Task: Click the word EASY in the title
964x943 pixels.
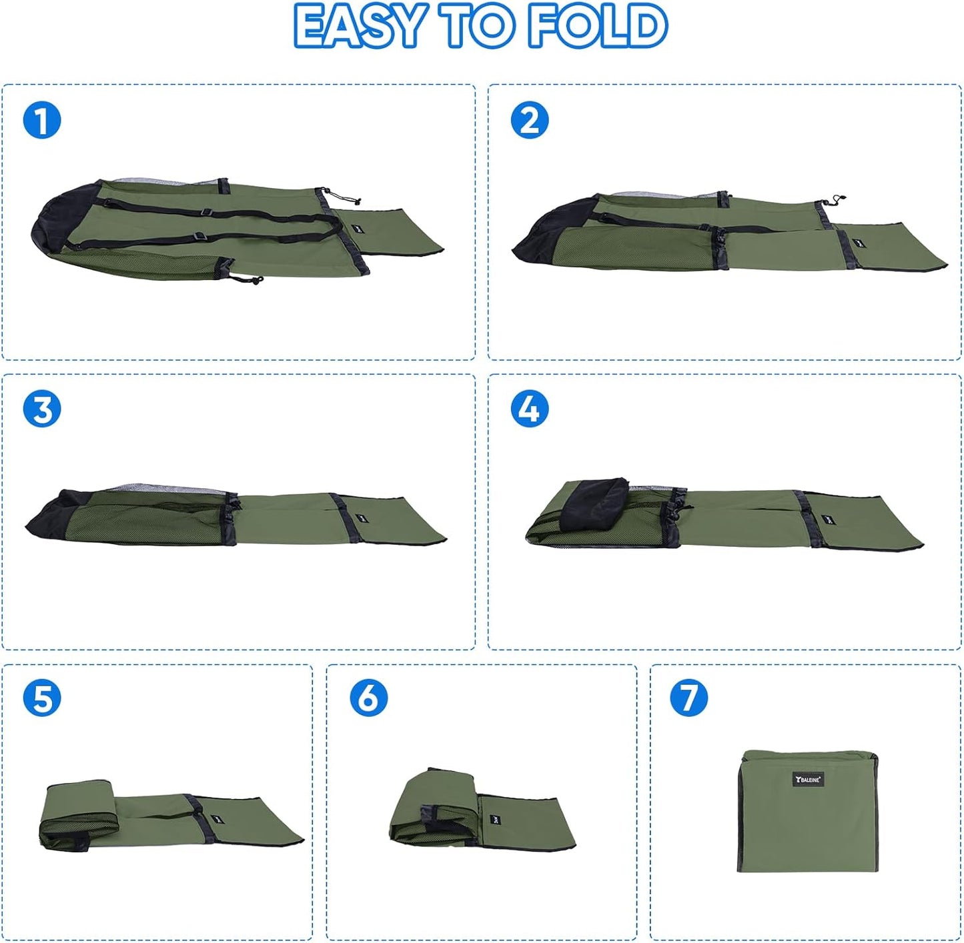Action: coord(358,27)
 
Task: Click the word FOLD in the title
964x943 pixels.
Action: coord(597,27)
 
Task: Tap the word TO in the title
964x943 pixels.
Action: coord(476,27)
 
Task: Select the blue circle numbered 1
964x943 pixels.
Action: coord(42,121)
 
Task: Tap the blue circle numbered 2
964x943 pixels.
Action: coord(530,121)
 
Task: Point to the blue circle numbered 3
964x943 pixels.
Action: coord(42,409)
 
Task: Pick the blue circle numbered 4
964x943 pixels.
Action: coord(530,409)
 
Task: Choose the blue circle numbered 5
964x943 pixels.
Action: coord(42,698)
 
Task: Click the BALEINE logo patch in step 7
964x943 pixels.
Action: coord(808,779)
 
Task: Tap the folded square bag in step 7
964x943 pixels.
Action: coord(809,810)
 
